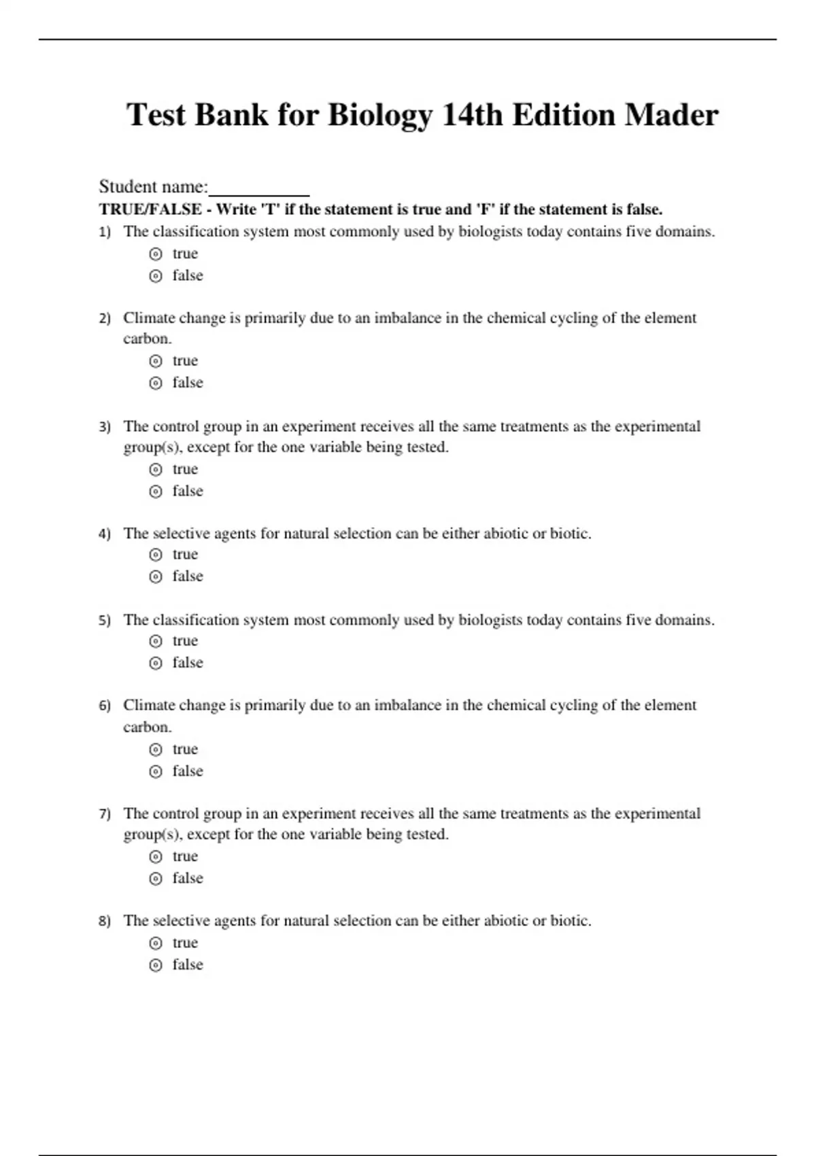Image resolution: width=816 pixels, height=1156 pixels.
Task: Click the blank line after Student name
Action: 259,188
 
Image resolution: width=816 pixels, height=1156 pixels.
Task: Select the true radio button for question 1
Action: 156,254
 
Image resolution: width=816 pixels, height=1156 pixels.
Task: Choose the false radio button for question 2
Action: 156,384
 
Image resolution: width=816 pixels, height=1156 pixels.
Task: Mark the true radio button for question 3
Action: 156,470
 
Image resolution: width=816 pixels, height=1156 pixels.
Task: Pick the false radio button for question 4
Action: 156,577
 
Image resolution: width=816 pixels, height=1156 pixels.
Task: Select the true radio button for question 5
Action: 156,641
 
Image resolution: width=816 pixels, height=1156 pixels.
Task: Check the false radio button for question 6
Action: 156,772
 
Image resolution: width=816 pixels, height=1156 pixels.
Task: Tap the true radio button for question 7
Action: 156,857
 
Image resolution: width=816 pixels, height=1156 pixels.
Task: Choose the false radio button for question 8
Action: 156,966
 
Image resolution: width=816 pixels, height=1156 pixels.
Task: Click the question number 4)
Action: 105,534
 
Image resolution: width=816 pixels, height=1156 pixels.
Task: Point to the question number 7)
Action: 105,814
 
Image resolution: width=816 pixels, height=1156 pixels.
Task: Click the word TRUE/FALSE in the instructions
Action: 150,209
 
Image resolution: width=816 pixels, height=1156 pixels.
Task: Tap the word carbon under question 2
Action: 146,339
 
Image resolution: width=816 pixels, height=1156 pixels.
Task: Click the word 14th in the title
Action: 472,115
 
